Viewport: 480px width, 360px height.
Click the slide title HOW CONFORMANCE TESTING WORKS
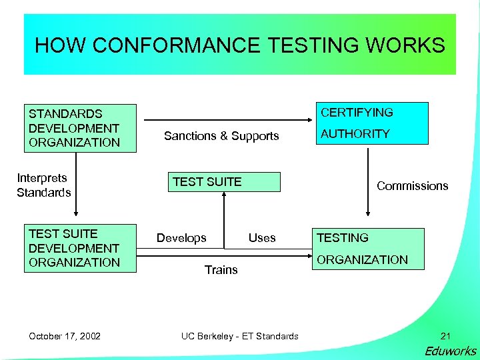(239, 45)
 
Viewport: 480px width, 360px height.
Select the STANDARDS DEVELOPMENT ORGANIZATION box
(80, 128)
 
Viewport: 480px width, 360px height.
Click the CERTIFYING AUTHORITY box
(371, 123)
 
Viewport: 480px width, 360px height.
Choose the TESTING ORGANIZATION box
(369, 249)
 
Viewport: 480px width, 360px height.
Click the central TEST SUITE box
(224, 182)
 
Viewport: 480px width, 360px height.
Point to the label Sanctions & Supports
(221, 136)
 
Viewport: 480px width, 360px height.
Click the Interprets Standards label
(44, 185)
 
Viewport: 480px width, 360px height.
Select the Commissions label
(412, 186)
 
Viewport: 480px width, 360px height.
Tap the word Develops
(181, 238)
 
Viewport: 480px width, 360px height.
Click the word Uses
(262, 238)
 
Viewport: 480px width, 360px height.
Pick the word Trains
(221, 269)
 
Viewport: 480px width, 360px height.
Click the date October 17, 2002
(65, 336)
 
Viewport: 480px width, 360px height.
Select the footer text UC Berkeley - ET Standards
(240, 336)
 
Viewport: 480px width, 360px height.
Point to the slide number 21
(446, 336)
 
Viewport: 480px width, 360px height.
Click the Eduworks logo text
(450, 351)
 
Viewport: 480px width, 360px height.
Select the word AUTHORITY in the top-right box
(355, 134)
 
